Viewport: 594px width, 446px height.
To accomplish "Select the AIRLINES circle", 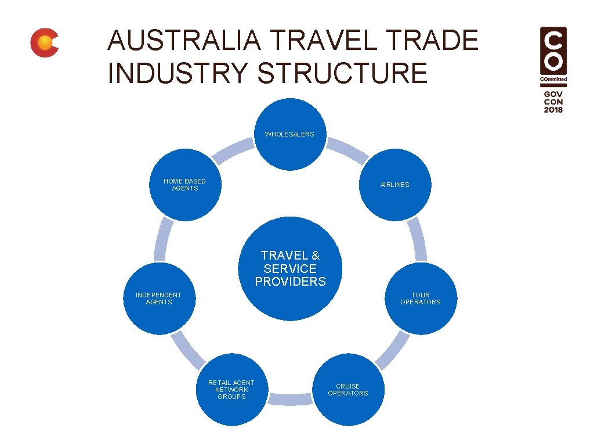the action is (x=395, y=185).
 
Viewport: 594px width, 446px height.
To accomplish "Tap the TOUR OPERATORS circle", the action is (x=421, y=298).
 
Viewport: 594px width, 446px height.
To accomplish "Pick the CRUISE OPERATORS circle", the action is (x=348, y=390).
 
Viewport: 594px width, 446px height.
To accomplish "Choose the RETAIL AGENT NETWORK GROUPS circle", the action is (x=231, y=390).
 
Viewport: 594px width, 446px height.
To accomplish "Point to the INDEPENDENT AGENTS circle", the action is (x=159, y=298).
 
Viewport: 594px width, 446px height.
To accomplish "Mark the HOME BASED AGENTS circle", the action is (x=185, y=185).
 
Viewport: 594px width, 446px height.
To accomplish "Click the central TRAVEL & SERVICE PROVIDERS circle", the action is (x=290, y=268).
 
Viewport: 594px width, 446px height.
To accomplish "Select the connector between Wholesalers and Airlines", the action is (x=348, y=150).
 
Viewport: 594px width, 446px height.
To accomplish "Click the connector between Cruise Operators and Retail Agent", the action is (x=289, y=400).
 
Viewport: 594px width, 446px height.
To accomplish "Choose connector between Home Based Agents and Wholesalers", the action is (x=232, y=150).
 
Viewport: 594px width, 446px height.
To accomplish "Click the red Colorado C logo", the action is (x=44, y=43).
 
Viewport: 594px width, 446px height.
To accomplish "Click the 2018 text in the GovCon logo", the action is (x=553, y=110).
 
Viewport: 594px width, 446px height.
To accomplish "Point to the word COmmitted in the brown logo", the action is (x=553, y=78).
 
